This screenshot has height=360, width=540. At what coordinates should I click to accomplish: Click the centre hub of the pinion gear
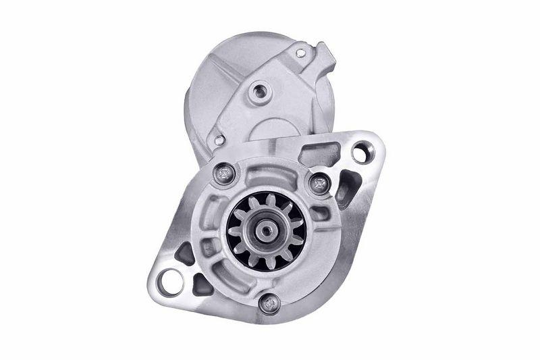(x=267, y=229)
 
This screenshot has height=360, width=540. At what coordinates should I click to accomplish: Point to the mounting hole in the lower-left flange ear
(x=170, y=280)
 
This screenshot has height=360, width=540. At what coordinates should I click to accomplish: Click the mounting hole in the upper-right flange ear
(x=360, y=153)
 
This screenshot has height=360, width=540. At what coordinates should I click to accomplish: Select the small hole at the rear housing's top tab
(x=300, y=53)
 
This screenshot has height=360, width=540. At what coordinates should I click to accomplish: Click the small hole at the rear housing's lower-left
(x=219, y=140)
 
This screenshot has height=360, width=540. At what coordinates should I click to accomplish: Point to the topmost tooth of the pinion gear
(x=260, y=201)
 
